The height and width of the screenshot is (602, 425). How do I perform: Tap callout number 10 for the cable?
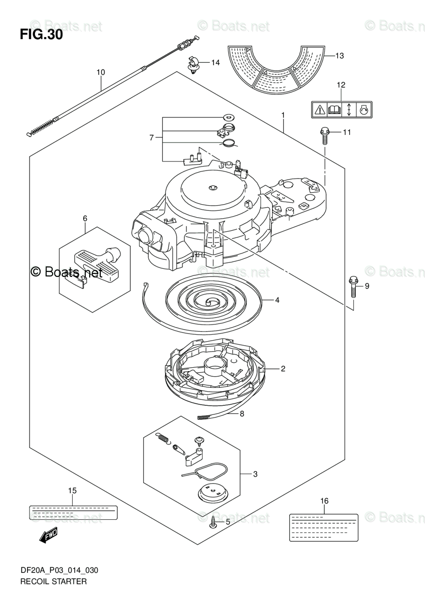pos(101,72)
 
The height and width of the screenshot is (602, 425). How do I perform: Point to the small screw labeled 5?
pos(215,522)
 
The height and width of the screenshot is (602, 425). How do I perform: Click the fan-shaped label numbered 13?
pos(276,70)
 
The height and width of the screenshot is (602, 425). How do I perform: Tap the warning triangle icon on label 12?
pos(319,109)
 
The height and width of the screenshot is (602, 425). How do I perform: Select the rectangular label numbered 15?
pos(73,512)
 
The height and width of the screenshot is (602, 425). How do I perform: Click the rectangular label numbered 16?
pos(323,527)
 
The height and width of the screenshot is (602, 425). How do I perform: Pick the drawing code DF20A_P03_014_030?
pos(59,570)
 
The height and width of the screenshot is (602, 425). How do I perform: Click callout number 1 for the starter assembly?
pos(283,115)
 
